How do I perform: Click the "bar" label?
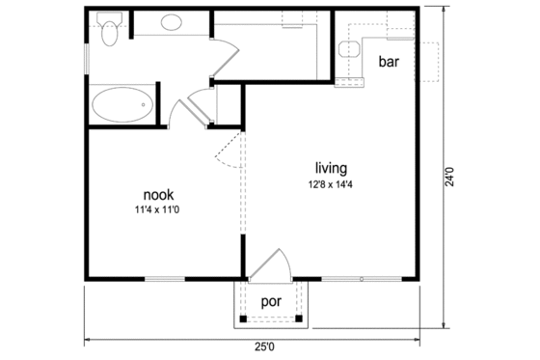(x=389, y=63)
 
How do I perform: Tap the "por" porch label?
(x=271, y=299)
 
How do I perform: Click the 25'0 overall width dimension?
(x=263, y=346)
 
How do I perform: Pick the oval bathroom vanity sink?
(x=175, y=23)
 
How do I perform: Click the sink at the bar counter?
(x=348, y=51)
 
